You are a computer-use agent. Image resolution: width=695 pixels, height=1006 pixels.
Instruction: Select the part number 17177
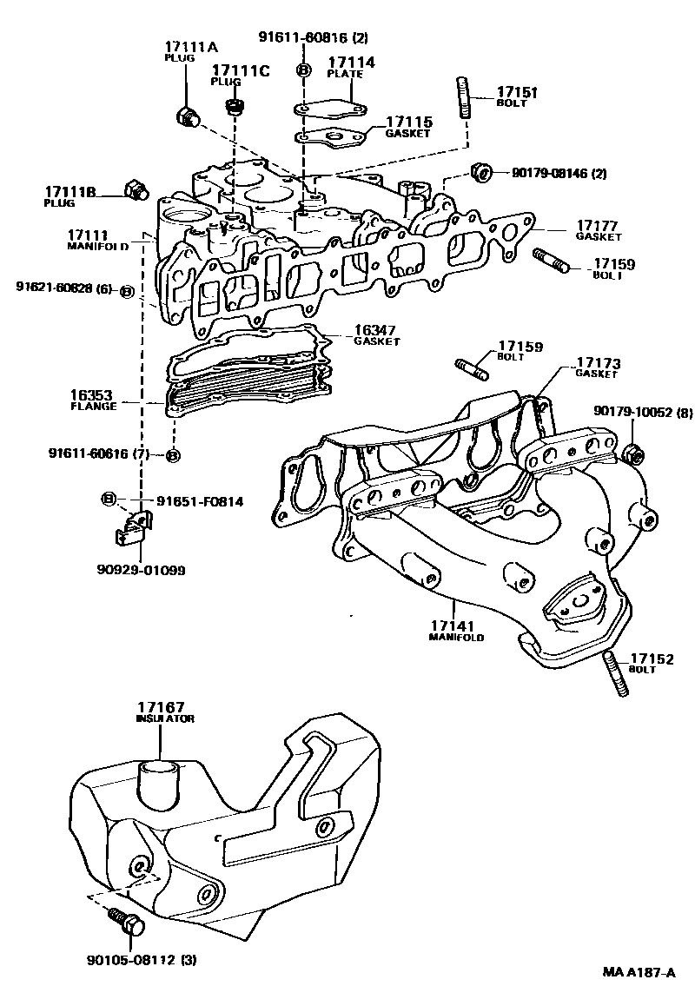pos(596,226)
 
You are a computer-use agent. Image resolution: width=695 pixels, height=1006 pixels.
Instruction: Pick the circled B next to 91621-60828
pos(125,292)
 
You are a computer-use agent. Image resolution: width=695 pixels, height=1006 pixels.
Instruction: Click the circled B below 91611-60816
pos(303,69)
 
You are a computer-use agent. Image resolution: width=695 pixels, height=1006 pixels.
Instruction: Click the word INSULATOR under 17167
pos(165,718)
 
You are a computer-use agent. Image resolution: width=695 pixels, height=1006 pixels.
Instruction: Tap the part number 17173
pos(596,362)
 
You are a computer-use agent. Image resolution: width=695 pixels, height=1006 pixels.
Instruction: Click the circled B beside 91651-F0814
pos(109,498)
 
